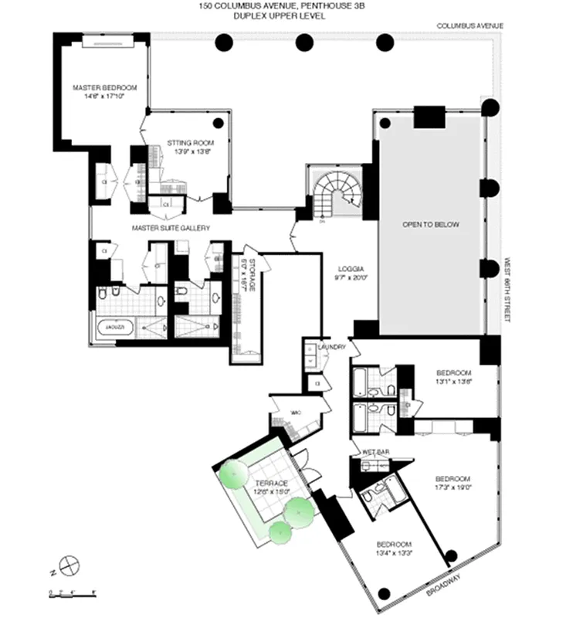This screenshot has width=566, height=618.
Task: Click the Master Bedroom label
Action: [98, 92]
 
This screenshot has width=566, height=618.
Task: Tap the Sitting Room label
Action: [190, 148]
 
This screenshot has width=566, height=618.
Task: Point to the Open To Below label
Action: [431, 225]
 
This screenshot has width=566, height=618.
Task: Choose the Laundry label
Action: [330, 348]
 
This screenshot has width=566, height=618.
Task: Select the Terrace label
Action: [268, 486]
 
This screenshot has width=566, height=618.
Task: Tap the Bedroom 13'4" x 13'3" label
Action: [395, 548]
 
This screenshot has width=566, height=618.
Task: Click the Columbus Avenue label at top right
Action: [469, 25]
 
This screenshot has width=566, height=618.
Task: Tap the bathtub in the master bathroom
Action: [114, 328]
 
